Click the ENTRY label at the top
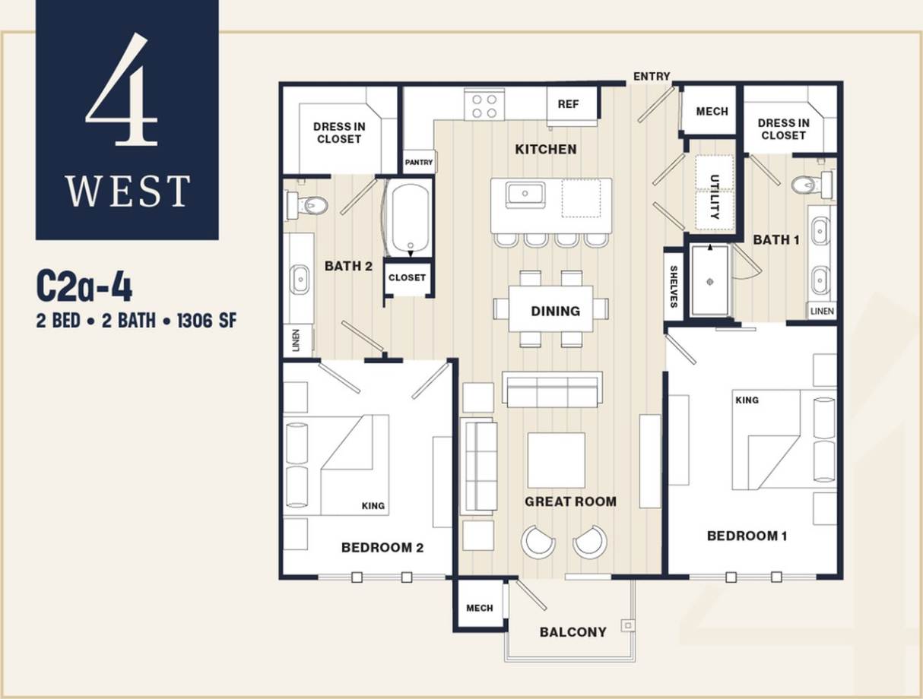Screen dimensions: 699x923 (x=652, y=76)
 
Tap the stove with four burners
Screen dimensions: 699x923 (x=484, y=105)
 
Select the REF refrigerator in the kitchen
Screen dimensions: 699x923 (x=569, y=104)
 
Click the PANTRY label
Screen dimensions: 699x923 (x=418, y=162)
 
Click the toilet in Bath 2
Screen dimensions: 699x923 (x=307, y=204)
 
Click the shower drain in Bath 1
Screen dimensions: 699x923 (x=710, y=281)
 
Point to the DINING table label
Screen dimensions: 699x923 (x=555, y=311)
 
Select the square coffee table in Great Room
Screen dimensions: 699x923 (x=557, y=460)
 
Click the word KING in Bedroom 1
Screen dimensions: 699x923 (x=747, y=400)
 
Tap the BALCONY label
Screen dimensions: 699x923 (x=573, y=632)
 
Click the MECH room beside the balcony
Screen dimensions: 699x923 (x=479, y=608)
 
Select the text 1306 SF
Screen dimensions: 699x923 (x=206, y=321)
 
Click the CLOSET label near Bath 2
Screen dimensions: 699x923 (x=407, y=277)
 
